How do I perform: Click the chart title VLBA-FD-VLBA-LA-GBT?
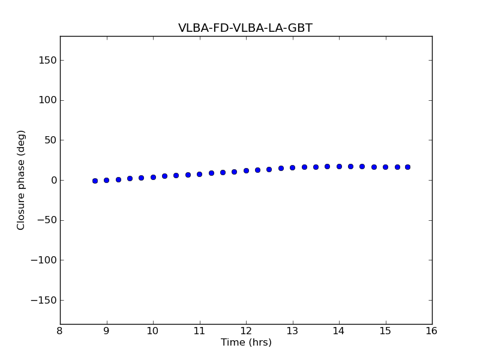245,28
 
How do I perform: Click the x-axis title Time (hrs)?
246,343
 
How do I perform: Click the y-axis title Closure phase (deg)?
22,180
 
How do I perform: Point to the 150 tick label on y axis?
48,60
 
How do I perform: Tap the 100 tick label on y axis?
48,100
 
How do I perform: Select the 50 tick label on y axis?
50,140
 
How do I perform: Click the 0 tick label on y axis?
53,180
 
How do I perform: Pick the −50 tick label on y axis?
47,220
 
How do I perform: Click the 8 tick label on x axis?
60,331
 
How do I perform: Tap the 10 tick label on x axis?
153,331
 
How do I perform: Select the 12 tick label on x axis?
246,331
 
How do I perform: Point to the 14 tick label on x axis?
339,331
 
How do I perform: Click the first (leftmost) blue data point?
95,181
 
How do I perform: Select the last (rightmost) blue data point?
407,167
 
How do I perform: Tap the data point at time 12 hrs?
246,170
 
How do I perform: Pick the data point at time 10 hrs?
153,177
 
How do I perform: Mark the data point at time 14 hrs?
339,166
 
